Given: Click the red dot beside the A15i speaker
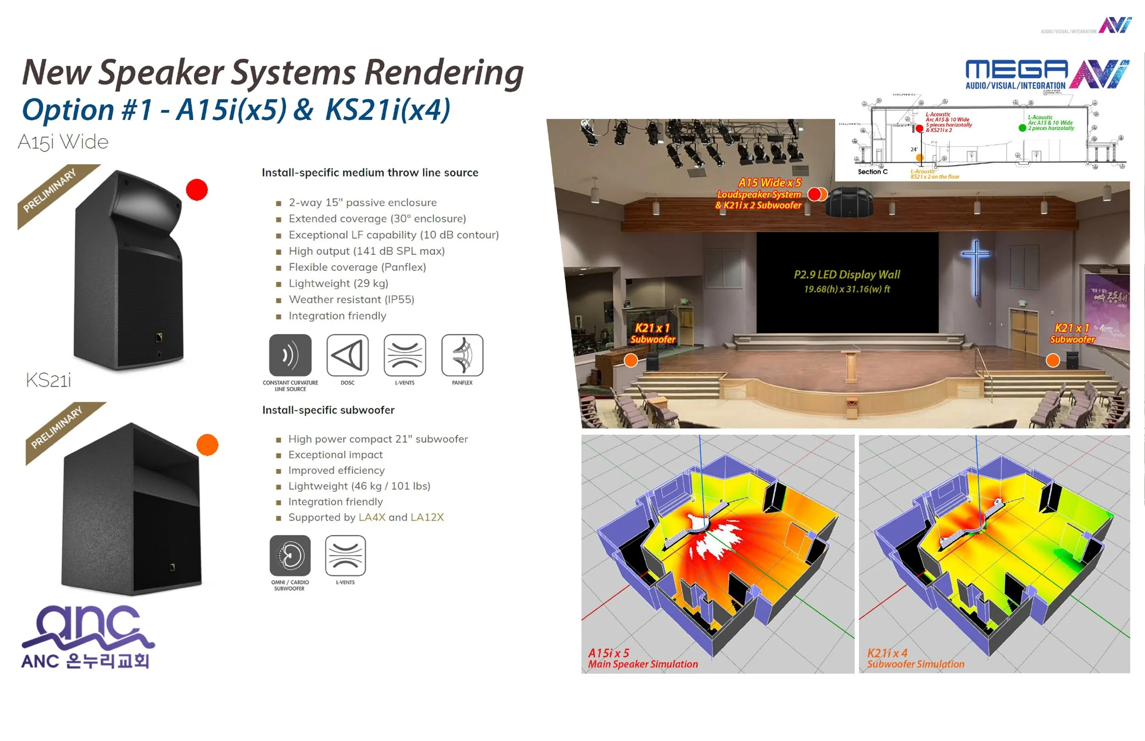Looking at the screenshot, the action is tap(196, 190).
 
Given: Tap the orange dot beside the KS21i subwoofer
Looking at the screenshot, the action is tap(207, 445).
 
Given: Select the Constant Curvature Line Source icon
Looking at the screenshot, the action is tap(290, 355).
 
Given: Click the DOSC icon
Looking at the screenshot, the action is tap(347, 355).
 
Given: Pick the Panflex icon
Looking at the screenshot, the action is tap(462, 355).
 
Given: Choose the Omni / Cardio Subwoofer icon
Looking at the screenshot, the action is tap(289, 555).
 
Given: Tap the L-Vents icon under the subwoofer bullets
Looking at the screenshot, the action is tap(345, 555).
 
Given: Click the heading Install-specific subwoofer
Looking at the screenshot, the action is tap(328, 410).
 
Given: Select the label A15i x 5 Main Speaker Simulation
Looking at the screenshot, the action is tap(642, 658).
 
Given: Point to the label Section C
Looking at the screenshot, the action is tap(872, 171).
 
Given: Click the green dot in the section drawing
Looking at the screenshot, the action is tap(1022, 127).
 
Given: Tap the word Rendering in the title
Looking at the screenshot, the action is tap(443, 72).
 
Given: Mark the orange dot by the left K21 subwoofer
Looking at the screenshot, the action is tap(631, 360).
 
